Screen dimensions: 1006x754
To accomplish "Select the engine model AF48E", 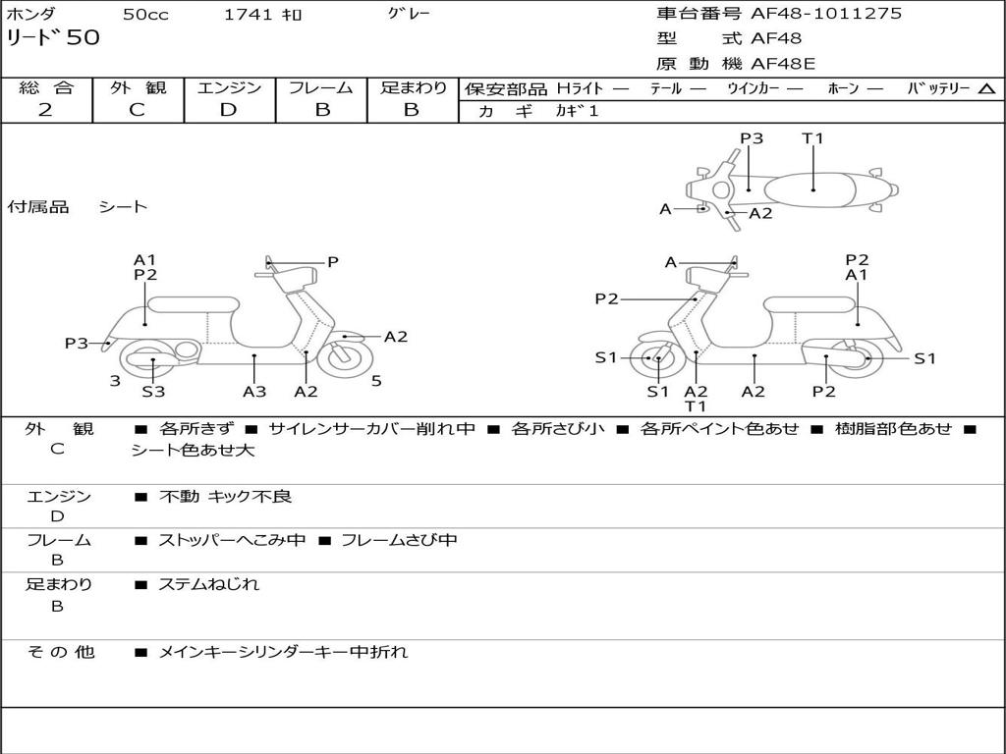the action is click(x=783, y=65).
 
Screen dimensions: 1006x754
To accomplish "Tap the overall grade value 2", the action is click(x=45, y=110).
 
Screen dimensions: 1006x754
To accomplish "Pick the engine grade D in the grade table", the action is click(x=228, y=110).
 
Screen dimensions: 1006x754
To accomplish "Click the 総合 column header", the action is click(x=46, y=87).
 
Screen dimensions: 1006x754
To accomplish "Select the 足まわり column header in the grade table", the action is click(x=413, y=87).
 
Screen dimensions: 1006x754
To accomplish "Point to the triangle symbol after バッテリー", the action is click(x=987, y=89).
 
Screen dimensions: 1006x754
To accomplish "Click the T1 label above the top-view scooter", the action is click(x=812, y=138).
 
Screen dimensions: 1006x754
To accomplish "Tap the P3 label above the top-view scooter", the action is click(x=752, y=138).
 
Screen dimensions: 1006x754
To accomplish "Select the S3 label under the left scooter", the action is click(x=153, y=392).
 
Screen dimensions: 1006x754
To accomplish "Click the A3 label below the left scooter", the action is click(x=254, y=392).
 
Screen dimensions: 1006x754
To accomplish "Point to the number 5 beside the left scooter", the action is click(x=376, y=381).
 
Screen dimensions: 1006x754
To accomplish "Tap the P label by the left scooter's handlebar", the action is click(x=333, y=262).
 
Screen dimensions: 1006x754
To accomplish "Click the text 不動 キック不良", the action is click(x=225, y=497).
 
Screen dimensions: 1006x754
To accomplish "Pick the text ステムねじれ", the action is click(x=208, y=584).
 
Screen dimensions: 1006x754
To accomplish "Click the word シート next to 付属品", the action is click(x=123, y=207).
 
